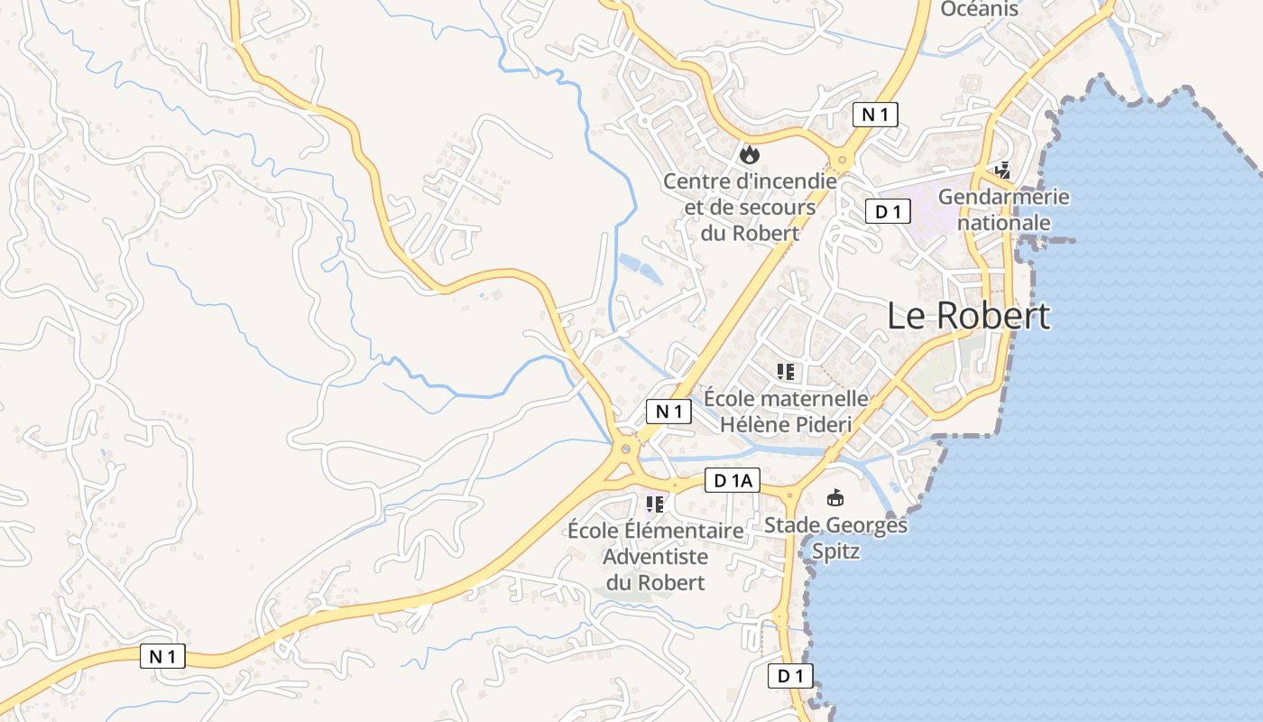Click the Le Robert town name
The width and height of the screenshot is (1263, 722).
(968, 316)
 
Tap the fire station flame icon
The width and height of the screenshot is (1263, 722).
(749, 154)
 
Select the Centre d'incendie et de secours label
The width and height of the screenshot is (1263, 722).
(750, 207)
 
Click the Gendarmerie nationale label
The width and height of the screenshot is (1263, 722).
(1003, 209)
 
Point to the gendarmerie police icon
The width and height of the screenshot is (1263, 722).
(1002, 169)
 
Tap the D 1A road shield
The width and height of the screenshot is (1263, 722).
(733, 481)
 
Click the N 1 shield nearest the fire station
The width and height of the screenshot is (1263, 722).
(875, 115)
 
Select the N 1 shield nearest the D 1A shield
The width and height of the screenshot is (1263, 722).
(668, 412)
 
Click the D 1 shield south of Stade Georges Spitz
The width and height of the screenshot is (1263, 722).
(790, 676)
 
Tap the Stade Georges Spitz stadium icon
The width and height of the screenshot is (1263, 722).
(835, 497)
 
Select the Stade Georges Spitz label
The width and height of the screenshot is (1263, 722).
(835, 538)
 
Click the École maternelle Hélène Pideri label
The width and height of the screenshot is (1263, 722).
(786, 411)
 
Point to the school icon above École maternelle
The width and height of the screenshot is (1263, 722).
(786, 371)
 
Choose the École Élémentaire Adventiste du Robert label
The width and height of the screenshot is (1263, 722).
(655, 556)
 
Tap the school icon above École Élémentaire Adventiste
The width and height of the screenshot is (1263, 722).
(655, 504)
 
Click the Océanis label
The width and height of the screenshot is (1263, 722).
(979, 9)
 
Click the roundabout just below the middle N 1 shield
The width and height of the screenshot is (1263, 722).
(625, 449)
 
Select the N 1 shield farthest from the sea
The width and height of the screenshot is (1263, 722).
(162, 656)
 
